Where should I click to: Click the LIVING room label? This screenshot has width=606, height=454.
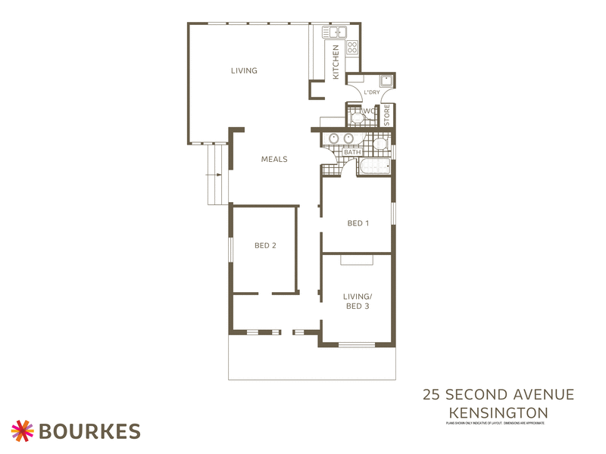click(x=244, y=70)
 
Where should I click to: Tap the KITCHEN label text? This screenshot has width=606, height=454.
click(x=336, y=62)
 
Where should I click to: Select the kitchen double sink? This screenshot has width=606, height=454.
click(x=333, y=32)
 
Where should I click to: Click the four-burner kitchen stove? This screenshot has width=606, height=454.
click(x=351, y=47)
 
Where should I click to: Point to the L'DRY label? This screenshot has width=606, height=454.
click(x=371, y=92)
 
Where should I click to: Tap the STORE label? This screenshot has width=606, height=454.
click(x=387, y=115)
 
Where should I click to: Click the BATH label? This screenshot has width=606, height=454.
click(x=352, y=152)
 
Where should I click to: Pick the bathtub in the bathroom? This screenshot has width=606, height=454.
click(x=375, y=166)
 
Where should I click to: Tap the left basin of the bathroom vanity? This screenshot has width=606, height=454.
click(x=333, y=138)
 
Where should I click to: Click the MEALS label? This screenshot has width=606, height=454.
click(x=273, y=159)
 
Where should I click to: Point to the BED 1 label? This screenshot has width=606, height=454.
click(x=358, y=222)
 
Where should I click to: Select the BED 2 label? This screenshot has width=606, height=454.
click(x=264, y=245)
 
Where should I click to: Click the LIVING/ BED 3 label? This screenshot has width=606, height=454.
click(x=357, y=300)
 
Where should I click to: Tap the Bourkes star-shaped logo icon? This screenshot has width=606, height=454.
click(x=23, y=431)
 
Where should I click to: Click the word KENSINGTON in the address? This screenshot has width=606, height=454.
click(x=498, y=412)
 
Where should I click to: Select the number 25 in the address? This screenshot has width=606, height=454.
click(x=432, y=394)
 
